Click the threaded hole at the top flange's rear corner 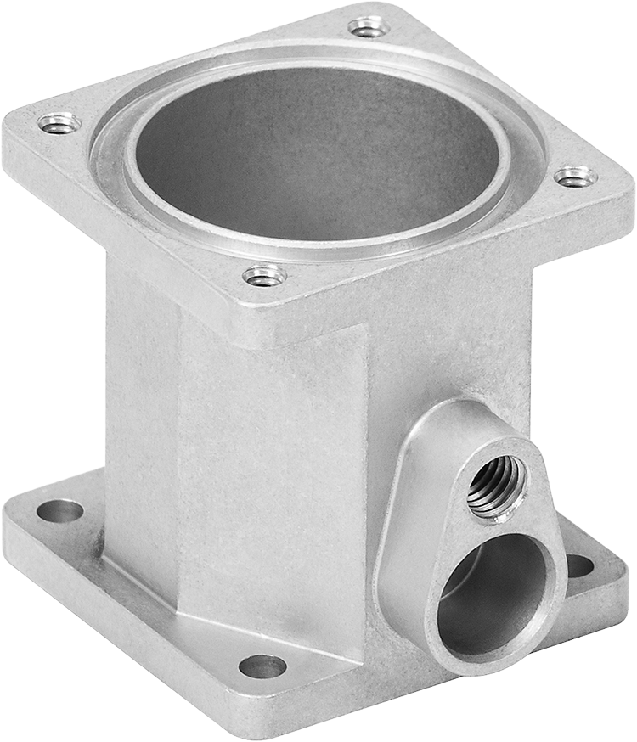[369, 27]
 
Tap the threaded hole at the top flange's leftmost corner [59, 124]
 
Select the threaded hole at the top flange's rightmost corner [575, 177]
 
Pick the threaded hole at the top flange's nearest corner [264, 275]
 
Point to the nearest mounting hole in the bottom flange [262, 666]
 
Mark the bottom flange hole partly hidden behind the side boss [580, 565]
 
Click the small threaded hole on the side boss [497, 486]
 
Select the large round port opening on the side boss [494, 594]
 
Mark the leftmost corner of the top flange [10, 144]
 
